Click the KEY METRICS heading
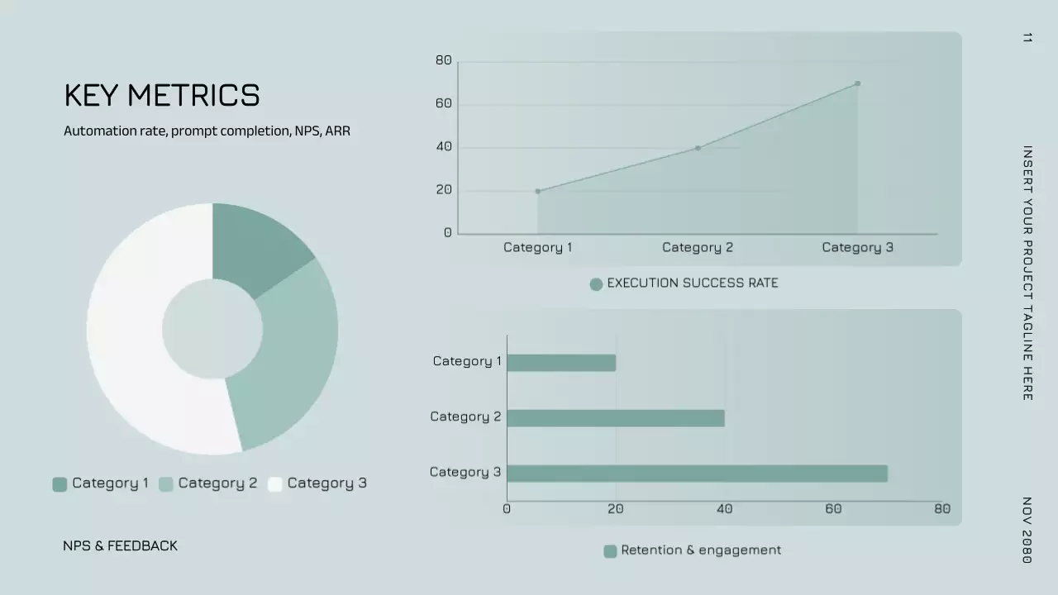click(x=162, y=96)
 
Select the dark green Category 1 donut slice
click(x=256, y=244)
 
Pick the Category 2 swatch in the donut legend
click(x=165, y=484)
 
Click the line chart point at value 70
click(x=857, y=83)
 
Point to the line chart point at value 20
click(x=537, y=191)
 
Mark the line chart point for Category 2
click(x=698, y=148)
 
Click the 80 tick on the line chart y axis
click(x=444, y=60)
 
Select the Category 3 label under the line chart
click(x=857, y=247)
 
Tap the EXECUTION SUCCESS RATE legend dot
click(x=596, y=284)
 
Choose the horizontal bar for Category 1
click(x=561, y=363)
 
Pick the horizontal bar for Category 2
click(x=616, y=418)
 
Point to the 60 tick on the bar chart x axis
click(x=833, y=509)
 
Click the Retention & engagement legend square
click(x=610, y=551)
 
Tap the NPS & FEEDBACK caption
click(x=120, y=545)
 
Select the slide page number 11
click(x=1027, y=37)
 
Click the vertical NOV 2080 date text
click(x=1027, y=530)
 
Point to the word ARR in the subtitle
click(x=337, y=131)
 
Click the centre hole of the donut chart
click(x=212, y=329)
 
